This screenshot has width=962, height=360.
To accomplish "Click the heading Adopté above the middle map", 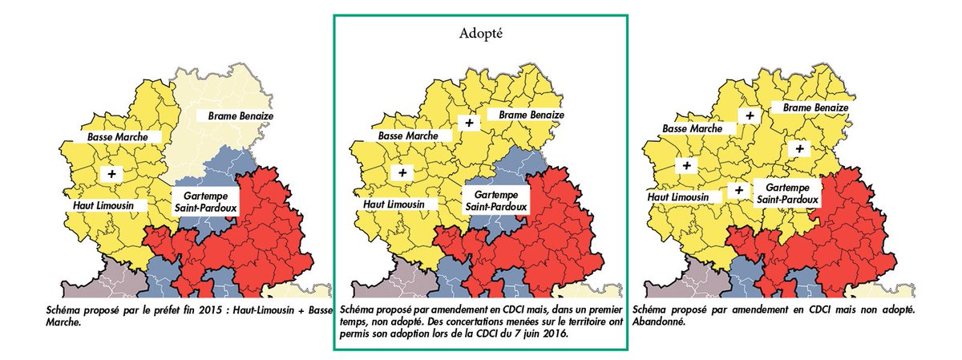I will (481, 34).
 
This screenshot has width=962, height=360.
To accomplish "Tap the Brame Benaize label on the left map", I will (241, 116).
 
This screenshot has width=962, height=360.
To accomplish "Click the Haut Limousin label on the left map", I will (106, 205).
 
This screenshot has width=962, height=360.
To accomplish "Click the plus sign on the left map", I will (111, 173).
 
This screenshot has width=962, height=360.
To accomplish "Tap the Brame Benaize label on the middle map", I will (531, 115).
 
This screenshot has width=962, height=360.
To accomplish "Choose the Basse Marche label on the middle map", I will (408, 136).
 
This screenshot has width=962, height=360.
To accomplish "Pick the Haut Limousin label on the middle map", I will (397, 204).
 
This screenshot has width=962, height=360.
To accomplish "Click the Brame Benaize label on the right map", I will (814, 107).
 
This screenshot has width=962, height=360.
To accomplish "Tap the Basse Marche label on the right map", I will (693, 128).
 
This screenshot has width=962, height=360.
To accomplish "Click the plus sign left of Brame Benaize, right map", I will (750, 115).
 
